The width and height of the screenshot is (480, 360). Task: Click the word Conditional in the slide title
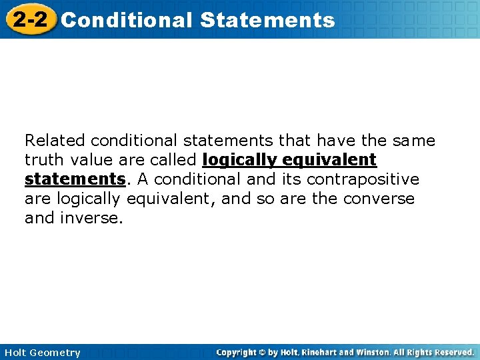coord(126,20)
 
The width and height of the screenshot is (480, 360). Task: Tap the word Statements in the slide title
coord(267,20)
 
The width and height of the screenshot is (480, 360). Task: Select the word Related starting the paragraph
coord(55,141)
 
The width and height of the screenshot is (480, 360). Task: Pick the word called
coord(175,160)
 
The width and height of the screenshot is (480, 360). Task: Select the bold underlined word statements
coord(75,179)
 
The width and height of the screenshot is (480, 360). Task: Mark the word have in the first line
coord(336,141)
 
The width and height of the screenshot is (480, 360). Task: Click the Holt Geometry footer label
coord(42,353)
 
